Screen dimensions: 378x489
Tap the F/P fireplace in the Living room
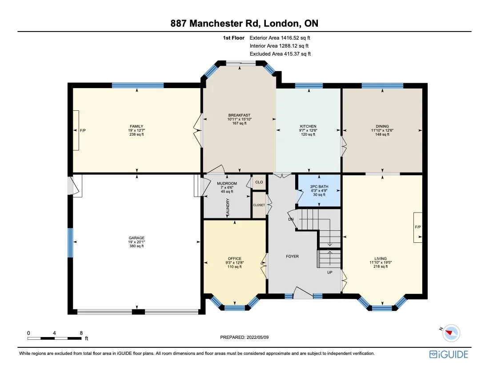417,227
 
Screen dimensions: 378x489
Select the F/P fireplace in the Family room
76,130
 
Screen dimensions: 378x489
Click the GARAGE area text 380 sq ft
136,246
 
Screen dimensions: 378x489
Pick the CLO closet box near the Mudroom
259,182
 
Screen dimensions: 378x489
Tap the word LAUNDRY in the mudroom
228,207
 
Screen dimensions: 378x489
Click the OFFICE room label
234,258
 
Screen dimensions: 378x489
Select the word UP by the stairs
330,272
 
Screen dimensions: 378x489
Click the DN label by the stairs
291,219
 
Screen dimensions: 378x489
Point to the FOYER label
292,256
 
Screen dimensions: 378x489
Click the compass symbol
452,333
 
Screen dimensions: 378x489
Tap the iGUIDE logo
449,354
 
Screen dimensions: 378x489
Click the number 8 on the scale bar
81,333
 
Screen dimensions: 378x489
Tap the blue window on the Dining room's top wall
382,86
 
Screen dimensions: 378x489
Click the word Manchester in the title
226,23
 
